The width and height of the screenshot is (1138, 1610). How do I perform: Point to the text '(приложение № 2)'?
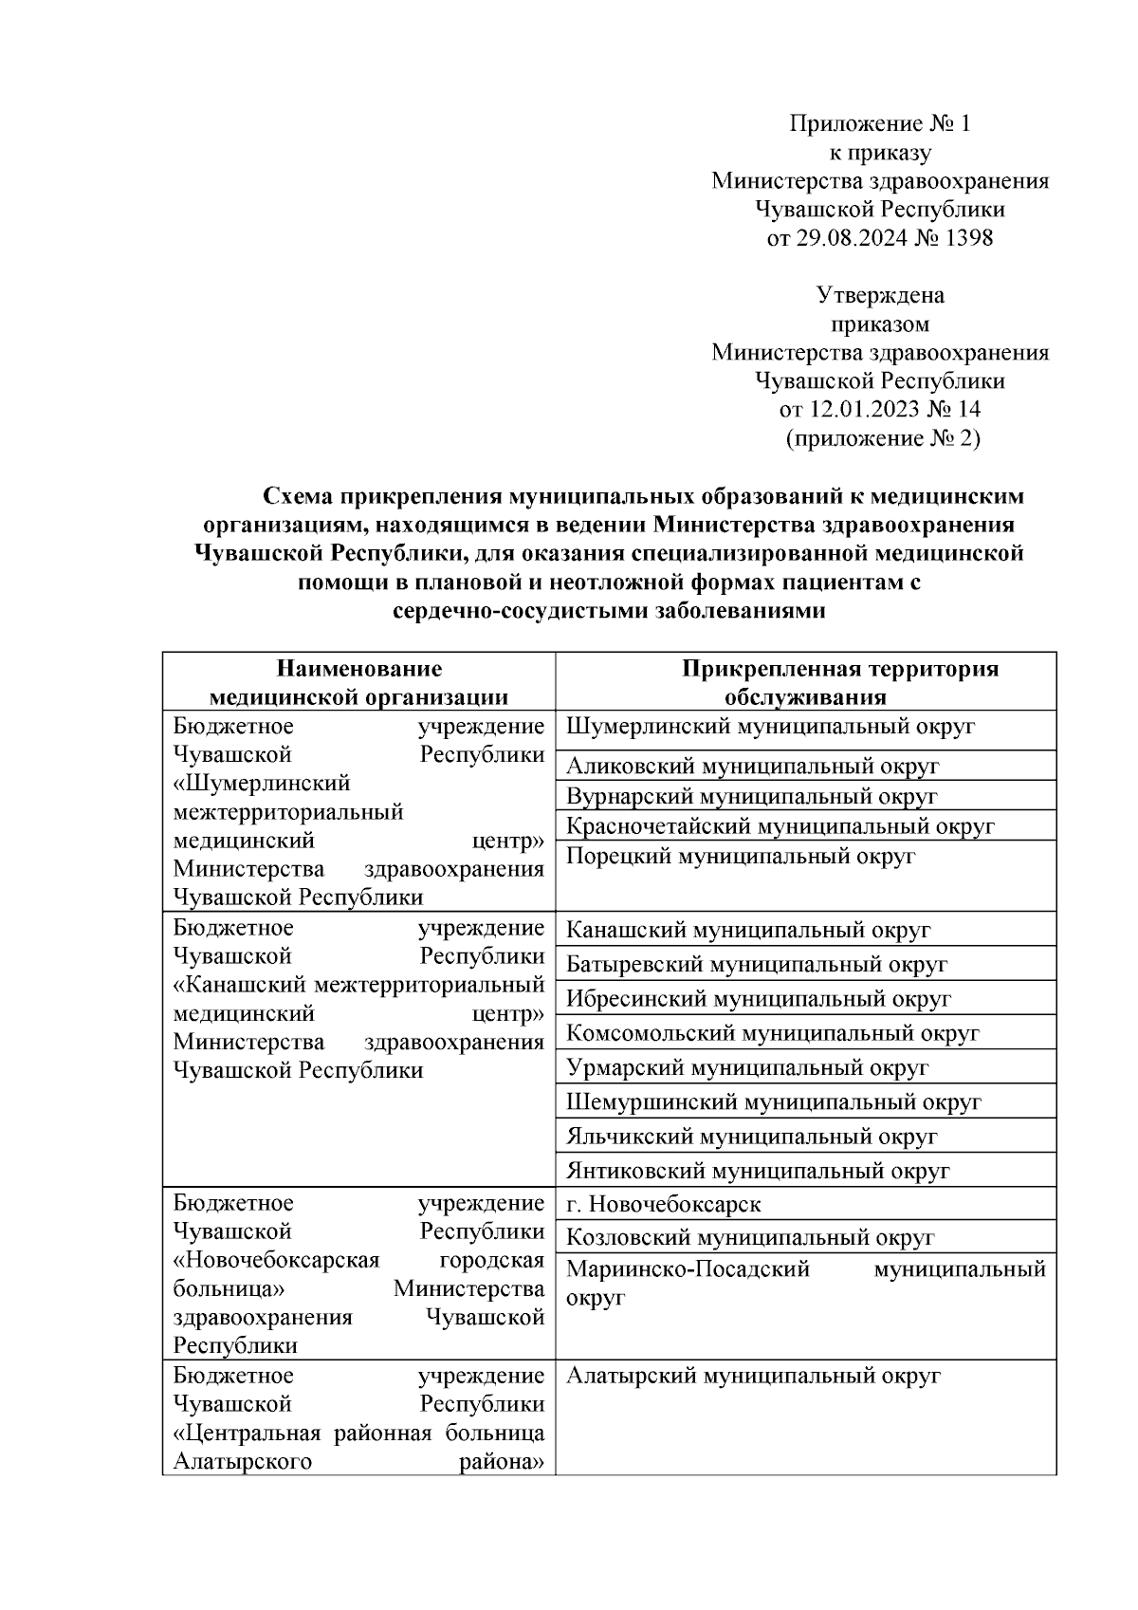882,438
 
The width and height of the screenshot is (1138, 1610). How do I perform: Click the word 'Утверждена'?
881,295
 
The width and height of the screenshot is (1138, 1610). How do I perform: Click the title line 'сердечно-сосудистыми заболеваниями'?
609,611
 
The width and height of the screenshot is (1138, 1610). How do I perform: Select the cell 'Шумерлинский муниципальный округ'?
770,728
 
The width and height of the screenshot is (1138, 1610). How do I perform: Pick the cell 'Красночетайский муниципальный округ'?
780,826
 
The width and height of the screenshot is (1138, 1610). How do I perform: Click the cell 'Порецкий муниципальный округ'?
740,857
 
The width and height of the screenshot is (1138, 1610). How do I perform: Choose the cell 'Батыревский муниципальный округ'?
756,965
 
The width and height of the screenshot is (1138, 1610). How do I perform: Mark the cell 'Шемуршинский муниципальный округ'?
773,1102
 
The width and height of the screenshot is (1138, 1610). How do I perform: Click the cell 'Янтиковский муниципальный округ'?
757,1172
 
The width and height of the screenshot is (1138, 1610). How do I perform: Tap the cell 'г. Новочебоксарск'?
663,1205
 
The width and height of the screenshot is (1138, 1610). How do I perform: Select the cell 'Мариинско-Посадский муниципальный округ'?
804,1282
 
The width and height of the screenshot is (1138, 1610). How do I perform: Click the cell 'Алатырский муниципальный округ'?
752,1376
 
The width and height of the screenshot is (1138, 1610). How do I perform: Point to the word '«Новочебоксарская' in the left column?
277,1260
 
